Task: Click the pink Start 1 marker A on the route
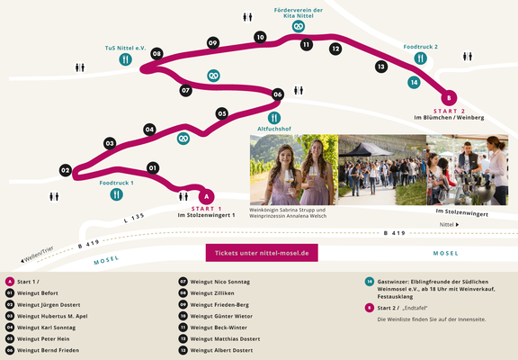(207, 197)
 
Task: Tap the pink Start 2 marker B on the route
(449, 98)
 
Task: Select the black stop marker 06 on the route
(278, 94)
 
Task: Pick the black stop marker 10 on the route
(260, 38)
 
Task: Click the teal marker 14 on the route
(414, 82)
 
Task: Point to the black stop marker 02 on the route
(66, 171)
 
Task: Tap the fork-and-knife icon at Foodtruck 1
(116, 194)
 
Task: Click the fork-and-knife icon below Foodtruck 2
(420, 58)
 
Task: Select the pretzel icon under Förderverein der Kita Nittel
(299, 26)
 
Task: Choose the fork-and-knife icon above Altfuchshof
(274, 118)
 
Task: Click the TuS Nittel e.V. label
(125, 49)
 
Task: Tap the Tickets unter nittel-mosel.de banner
(262, 253)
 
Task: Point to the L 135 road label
(134, 218)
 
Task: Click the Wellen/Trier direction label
(37, 255)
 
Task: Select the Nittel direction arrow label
(449, 224)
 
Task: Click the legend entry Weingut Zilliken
(212, 293)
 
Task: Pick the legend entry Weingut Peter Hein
(43, 338)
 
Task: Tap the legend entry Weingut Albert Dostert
(221, 350)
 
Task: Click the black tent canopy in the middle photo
(366, 149)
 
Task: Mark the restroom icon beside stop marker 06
(299, 90)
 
